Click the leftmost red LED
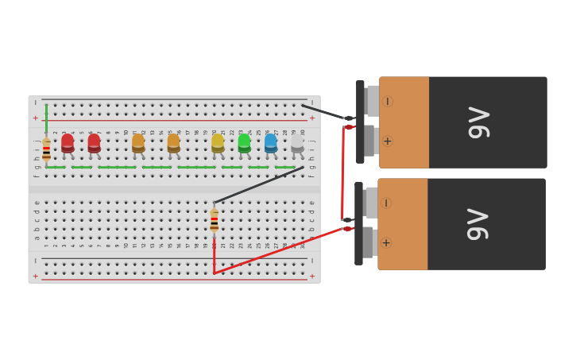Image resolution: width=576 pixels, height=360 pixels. pyautogui.click(x=68, y=143)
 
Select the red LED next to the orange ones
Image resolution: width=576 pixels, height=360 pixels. pyautogui.click(x=94, y=143)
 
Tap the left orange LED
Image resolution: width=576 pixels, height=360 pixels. pyautogui.click(x=138, y=143)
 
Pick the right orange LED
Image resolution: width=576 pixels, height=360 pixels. pyautogui.click(x=173, y=143)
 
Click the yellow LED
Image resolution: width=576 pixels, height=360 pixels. pyautogui.click(x=218, y=143)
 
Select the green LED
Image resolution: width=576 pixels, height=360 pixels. pyautogui.click(x=244, y=143)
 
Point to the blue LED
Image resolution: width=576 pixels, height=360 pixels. pyautogui.click(x=271, y=143)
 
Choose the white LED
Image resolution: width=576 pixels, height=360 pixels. pyautogui.click(x=297, y=143)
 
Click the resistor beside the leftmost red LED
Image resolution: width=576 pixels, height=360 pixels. pyautogui.click(x=46, y=149)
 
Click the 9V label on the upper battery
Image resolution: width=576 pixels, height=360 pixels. pyautogui.click(x=479, y=122)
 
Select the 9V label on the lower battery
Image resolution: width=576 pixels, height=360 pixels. pyautogui.click(x=477, y=224)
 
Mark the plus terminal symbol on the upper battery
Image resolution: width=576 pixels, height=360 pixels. pyautogui.click(x=387, y=141)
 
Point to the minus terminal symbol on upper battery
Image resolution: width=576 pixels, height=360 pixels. pyautogui.click(x=387, y=101)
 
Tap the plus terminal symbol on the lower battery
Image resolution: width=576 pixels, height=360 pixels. pyautogui.click(x=386, y=242)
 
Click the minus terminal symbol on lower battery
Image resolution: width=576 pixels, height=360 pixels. pyautogui.click(x=386, y=203)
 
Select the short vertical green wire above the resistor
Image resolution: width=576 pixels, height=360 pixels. pyautogui.click(x=46, y=119)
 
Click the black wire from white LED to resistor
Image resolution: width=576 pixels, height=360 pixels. pyautogui.click(x=258, y=185)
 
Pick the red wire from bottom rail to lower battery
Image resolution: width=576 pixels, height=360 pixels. pyautogui.click(x=278, y=250)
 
